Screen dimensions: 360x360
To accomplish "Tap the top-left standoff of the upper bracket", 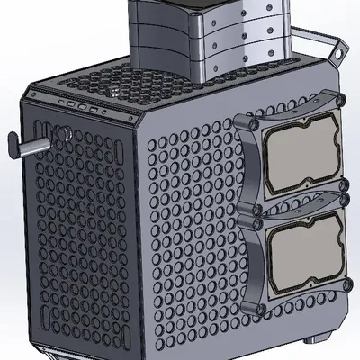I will [254, 124].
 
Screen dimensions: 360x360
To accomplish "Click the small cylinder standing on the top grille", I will [116, 91].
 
